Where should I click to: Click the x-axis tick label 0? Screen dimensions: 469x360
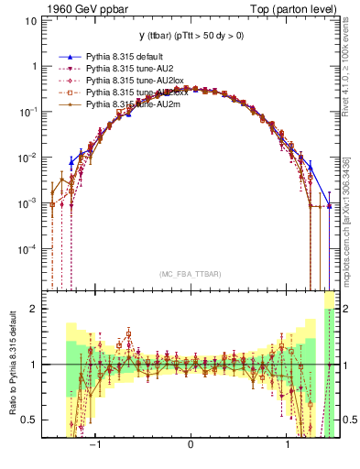[x=191, y=445]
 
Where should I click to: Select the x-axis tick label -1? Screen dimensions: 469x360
[x=94, y=445]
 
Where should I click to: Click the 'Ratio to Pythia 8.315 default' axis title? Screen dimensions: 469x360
[x=13, y=365]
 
